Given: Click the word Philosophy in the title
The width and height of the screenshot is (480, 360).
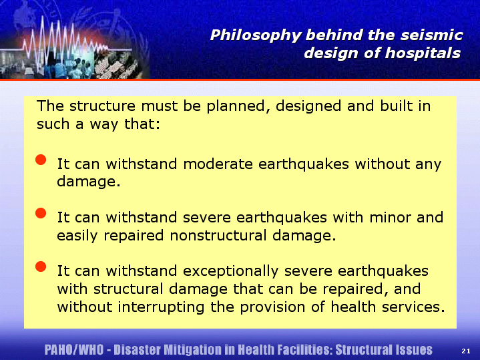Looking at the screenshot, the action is click(256, 35).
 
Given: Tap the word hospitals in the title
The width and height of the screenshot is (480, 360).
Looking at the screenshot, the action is click(423, 53).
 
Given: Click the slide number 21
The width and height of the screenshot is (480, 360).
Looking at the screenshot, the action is click(466, 351).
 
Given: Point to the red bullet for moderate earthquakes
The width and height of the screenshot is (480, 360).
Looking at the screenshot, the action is click(41, 160).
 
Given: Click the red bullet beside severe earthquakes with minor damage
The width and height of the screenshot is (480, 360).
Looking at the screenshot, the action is click(41, 213).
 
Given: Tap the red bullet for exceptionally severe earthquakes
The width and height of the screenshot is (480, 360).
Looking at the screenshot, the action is click(41, 266).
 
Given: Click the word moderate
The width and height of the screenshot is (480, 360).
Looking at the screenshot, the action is click(218, 164).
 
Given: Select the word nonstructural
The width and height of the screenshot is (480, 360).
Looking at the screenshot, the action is click(218, 235).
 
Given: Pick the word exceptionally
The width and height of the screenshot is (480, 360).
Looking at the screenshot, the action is click(231, 271).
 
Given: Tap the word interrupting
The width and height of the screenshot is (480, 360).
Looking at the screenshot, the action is click(162, 307).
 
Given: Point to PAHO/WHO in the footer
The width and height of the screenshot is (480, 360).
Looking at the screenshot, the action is click(74, 350).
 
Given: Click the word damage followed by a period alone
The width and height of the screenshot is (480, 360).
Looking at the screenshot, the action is click(89, 182).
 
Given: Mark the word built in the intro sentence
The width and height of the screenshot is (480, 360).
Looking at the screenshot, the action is click(395, 106).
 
